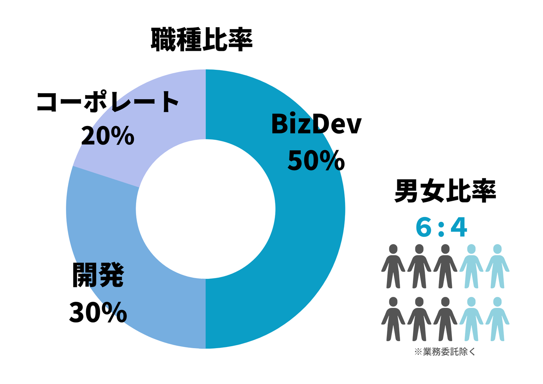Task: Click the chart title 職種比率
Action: click(202, 40)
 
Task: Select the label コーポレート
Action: click(108, 102)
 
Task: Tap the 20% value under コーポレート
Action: click(108, 136)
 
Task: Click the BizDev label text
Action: click(316, 124)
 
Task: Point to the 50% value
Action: click(316, 161)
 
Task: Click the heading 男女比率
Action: click(445, 192)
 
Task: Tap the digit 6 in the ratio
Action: click(423, 227)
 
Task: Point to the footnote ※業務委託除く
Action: click(445, 352)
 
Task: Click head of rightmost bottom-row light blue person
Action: click(497, 302)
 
